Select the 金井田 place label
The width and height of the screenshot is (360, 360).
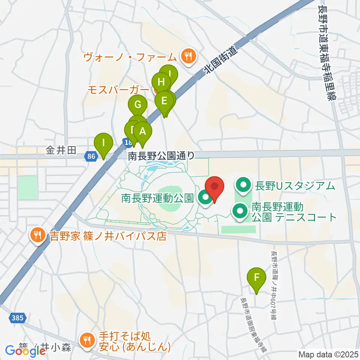tap(61, 151)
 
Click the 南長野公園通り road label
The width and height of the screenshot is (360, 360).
tap(162, 156)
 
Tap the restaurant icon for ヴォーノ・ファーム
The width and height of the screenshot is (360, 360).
tap(187, 57)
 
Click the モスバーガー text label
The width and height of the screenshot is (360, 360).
tap(118, 90)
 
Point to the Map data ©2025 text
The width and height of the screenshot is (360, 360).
tap(328, 354)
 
